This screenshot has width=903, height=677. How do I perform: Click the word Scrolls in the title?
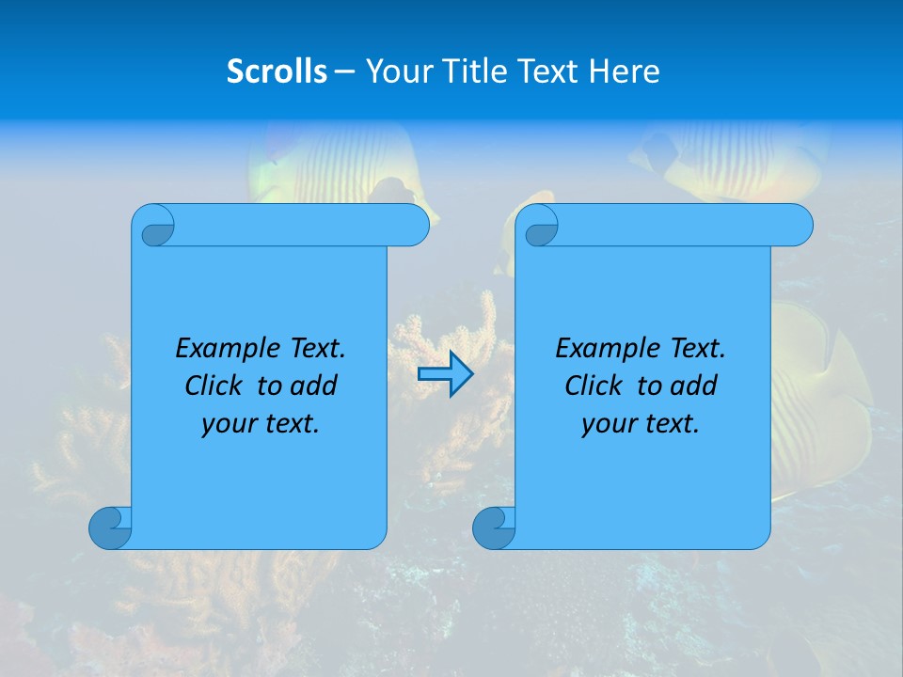click(277, 71)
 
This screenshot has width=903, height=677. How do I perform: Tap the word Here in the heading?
click(625, 71)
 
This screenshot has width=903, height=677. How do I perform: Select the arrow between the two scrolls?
click(445, 374)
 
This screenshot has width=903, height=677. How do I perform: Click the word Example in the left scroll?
click(222, 349)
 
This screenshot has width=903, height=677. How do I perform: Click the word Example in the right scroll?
click(602, 349)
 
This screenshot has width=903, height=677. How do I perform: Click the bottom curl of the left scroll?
click(110, 527)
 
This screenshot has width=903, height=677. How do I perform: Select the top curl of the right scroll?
click(541, 226)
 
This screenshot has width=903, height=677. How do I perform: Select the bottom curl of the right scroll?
click(494, 527)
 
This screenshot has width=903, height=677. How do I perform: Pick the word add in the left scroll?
click(315, 386)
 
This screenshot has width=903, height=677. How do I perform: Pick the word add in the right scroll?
click(695, 386)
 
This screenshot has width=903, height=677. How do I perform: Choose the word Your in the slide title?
click(396, 71)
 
